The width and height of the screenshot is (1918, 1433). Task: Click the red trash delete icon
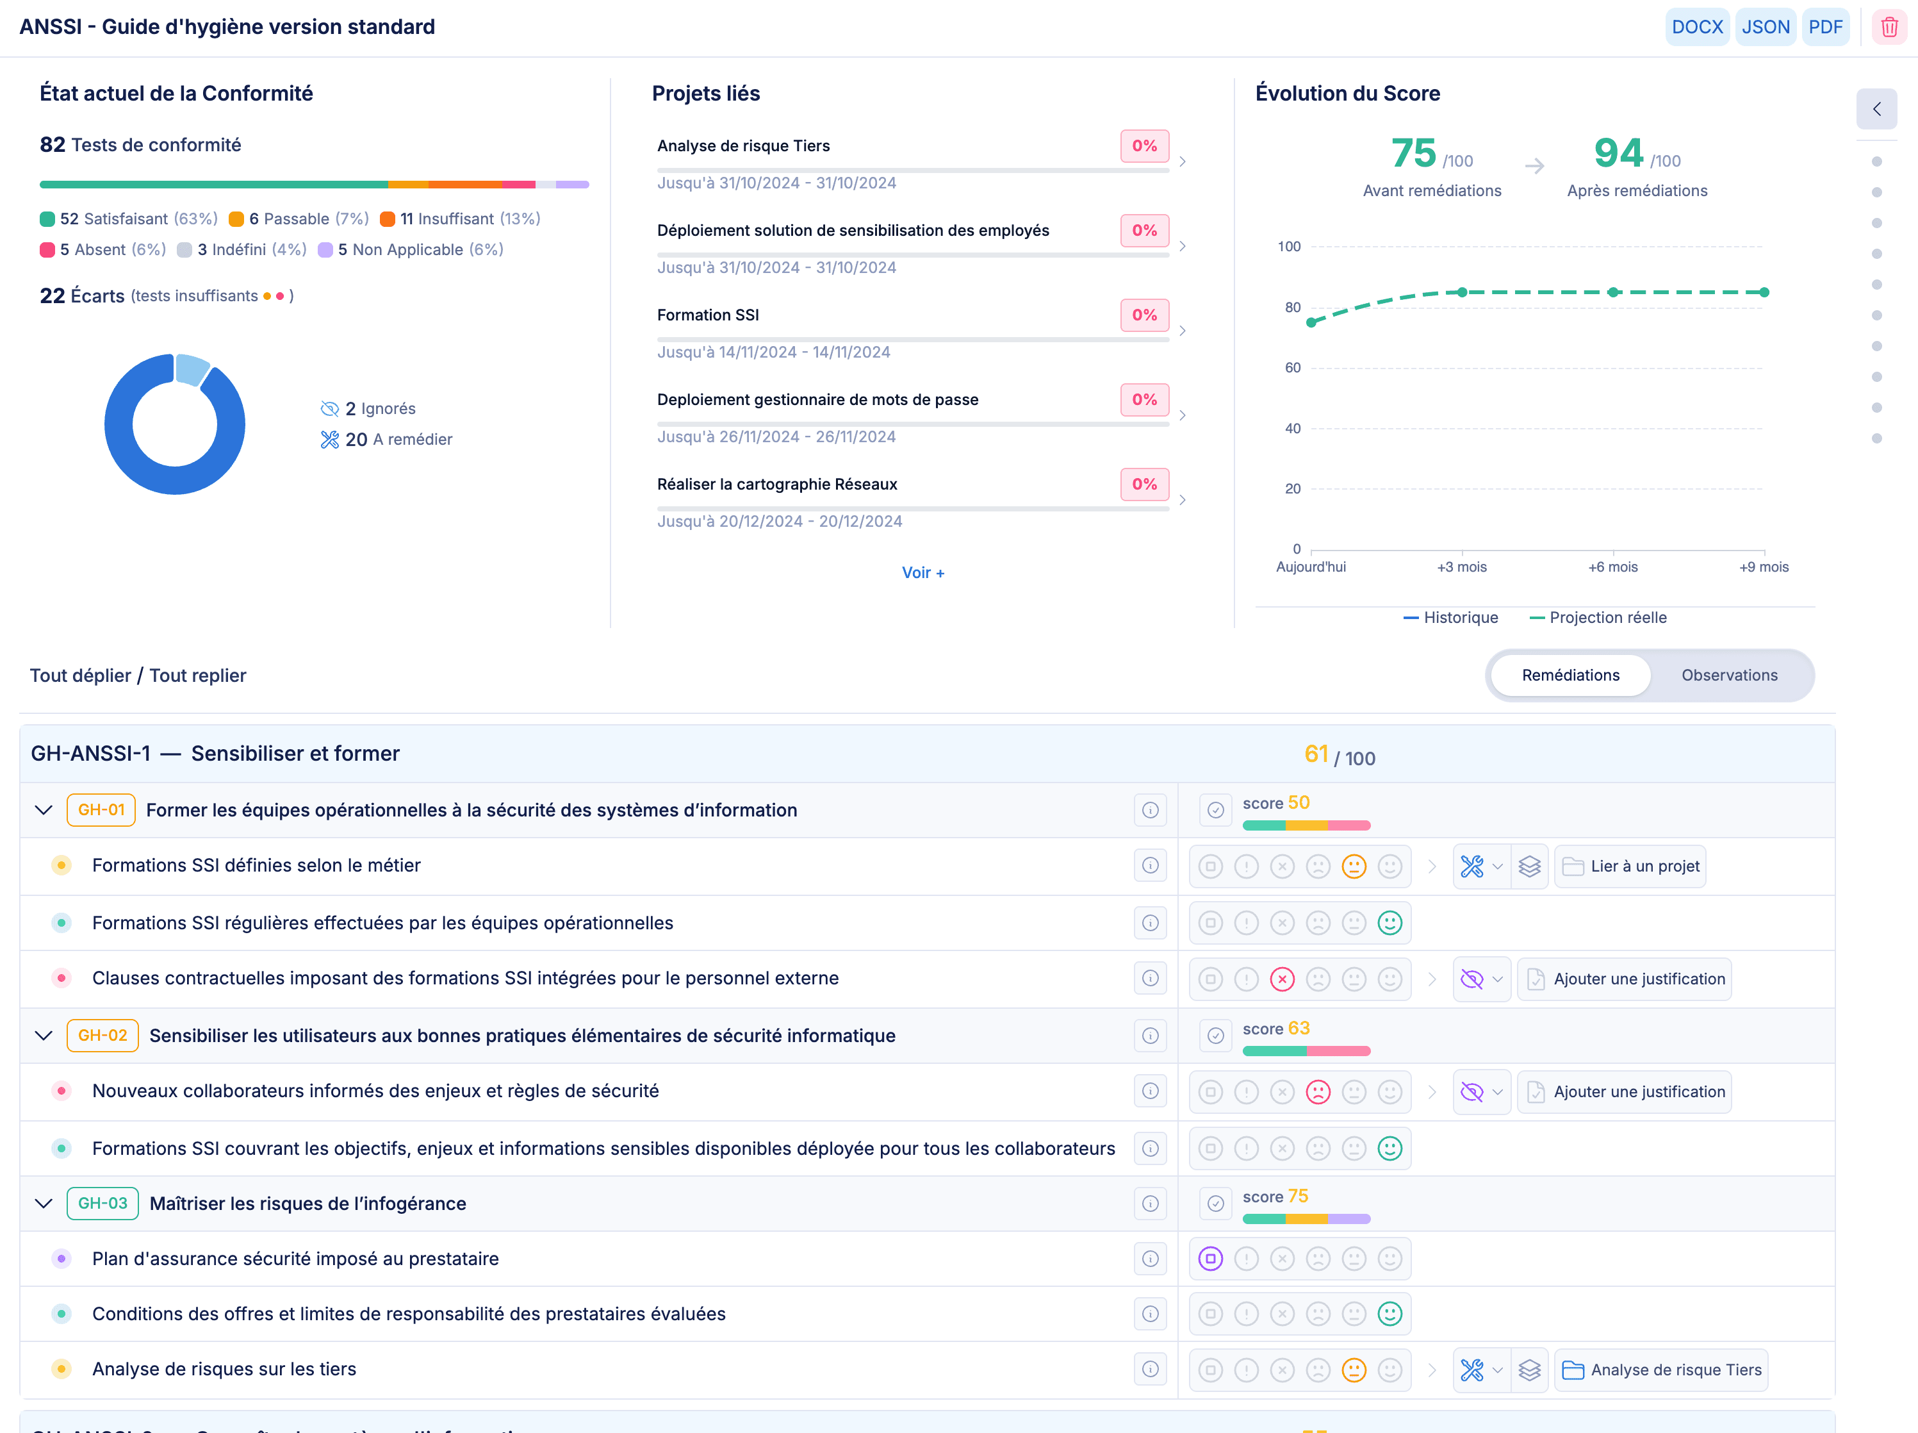1889,27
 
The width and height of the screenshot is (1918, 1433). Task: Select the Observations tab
1729,675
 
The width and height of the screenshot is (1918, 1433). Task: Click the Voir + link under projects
922,572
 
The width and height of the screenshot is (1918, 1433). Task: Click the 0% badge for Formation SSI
1143,315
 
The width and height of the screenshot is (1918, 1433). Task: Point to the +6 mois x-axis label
1612,567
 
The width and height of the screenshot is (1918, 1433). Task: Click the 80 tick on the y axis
1292,307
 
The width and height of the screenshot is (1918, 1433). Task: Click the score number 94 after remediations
1618,154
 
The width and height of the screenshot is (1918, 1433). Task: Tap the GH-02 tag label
102,1035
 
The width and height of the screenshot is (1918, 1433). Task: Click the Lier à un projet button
1630,866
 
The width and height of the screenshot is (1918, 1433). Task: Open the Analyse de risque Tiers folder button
1660,1370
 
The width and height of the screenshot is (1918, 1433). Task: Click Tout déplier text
80,675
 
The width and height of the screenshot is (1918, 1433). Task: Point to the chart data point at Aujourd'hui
1311,323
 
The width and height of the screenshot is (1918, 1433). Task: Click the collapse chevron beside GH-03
44,1203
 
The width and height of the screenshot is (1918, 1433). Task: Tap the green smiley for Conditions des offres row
1389,1314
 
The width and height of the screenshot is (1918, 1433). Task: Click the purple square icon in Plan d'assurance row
1211,1259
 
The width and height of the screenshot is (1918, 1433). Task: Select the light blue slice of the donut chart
191,369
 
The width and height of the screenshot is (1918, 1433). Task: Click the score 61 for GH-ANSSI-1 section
1315,755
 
